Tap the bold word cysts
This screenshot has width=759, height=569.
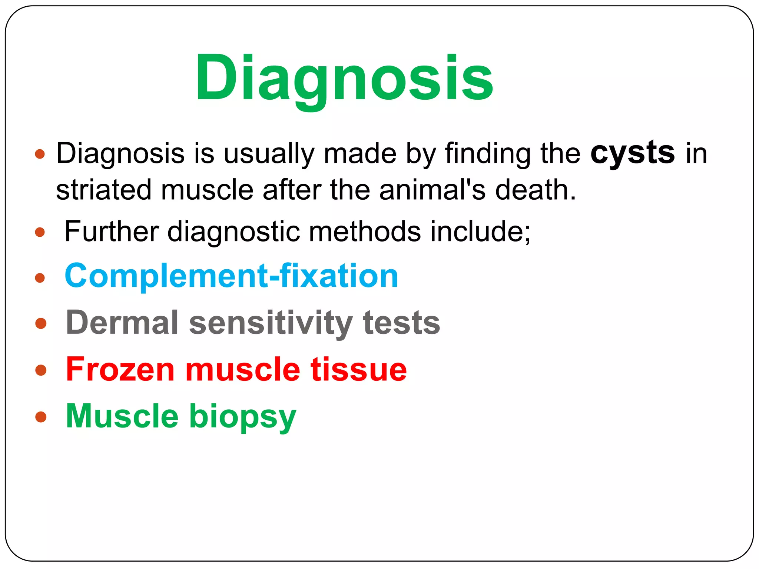[x=632, y=153]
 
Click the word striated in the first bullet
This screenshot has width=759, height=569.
[x=103, y=190]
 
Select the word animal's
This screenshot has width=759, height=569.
[x=432, y=190]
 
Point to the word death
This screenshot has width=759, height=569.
[x=536, y=190]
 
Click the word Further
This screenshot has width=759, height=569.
[x=112, y=231]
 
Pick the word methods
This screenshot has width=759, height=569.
[x=365, y=231]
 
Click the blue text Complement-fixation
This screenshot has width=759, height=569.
[x=231, y=276]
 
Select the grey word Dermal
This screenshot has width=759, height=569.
[x=122, y=323]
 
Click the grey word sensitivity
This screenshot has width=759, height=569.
[x=271, y=323]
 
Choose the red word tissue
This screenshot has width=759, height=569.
[x=358, y=369]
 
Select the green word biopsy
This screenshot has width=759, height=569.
[x=243, y=417]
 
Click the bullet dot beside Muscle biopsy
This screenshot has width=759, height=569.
[x=41, y=417]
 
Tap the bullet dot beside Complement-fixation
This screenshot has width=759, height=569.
[x=40, y=277]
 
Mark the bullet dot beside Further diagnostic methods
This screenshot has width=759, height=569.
[x=40, y=233]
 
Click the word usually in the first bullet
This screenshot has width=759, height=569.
[x=268, y=153]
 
